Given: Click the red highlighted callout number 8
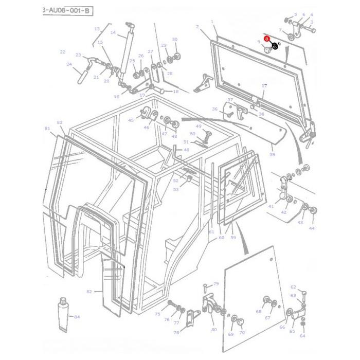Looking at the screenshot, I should [x=267, y=39].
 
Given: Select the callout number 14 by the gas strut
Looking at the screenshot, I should [x=120, y=32].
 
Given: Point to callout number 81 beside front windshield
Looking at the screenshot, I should [x=47, y=128].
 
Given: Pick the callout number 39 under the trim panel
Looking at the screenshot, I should [x=273, y=154].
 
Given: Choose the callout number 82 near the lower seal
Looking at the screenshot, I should [x=89, y=292].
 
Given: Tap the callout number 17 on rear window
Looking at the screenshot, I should [x=265, y=86].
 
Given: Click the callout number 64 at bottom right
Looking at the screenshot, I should [x=302, y=336].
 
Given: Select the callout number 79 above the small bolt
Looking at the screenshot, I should [x=216, y=284].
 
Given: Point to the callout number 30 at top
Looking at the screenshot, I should [x=175, y=40].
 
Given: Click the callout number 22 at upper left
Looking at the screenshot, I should [x=63, y=52].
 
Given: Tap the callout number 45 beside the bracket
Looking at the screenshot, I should [x=131, y=120].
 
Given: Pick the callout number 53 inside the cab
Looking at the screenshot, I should [x=176, y=190].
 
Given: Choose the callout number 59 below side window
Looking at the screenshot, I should [x=233, y=238].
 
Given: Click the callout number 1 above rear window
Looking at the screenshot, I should [x=212, y=22].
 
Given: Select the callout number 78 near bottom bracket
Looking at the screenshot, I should [x=176, y=333].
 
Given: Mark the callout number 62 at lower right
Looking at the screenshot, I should [x=293, y=287].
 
